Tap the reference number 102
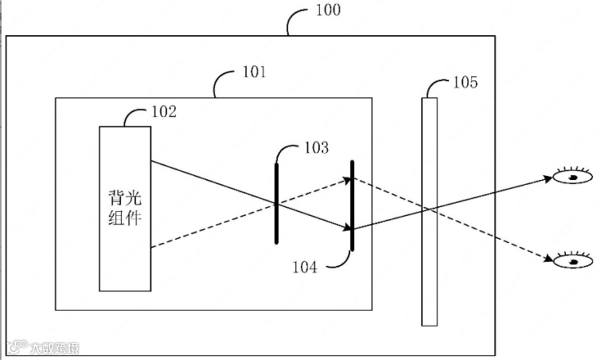coord(164,112)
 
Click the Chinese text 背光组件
coord(125,206)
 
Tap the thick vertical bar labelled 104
coord(352,205)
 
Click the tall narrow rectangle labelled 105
coord(430,211)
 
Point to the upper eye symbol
coord(573,177)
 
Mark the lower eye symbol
coord(573,260)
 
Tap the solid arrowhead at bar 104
coord(347,229)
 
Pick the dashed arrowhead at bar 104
coord(347,180)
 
